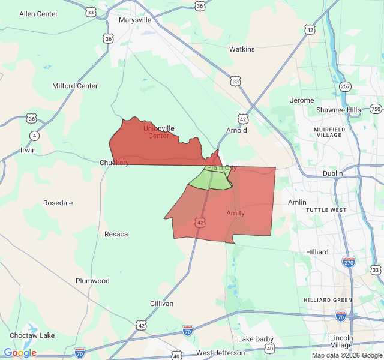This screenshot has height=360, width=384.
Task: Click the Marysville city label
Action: pos(134,20)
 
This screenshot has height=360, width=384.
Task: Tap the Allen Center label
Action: pos(38,14)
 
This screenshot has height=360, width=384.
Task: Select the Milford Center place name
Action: pos(75,86)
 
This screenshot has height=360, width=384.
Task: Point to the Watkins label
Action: pos(242,49)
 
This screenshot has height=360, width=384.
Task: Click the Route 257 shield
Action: pos(344,87)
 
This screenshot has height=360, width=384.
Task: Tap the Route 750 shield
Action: pos(376,109)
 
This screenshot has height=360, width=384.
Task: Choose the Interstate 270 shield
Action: pos(348,262)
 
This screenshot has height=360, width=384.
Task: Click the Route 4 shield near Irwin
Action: pos(34,136)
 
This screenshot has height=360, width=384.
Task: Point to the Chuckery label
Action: pos(114,163)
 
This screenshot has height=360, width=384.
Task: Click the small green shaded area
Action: pos(211,179)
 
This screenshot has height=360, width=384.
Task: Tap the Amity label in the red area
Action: pos(235,213)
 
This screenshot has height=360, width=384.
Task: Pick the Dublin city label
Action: pos(332,173)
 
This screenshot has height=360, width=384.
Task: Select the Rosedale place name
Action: pos(58,203)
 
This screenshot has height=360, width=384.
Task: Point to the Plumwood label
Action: pos(92,281)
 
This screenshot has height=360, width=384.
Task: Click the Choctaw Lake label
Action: pos(32,335)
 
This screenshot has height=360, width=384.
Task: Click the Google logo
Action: pos(20,353)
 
